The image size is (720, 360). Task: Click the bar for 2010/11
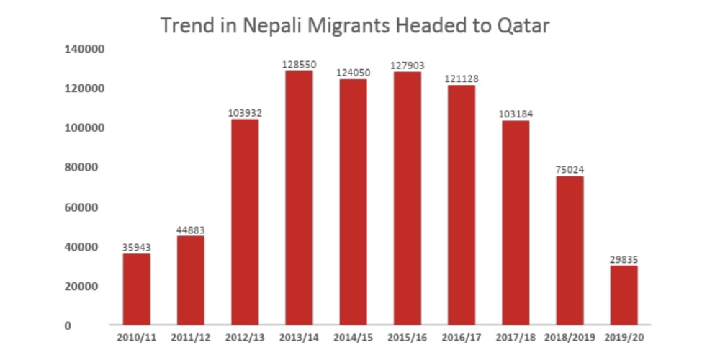[x=137, y=289]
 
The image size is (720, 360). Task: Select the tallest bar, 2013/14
[x=299, y=197]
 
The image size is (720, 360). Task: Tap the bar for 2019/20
[x=624, y=295]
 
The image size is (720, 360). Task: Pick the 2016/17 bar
[x=462, y=204]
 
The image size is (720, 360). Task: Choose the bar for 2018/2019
[x=570, y=250]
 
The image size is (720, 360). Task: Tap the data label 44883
[x=191, y=230]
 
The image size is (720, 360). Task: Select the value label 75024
[x=570, y=170]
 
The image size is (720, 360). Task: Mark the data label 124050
[x=354, y=73]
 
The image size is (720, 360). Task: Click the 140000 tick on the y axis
[x=85, y=49]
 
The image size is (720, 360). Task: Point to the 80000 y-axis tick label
[x=88, y=168]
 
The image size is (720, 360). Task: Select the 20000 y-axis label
[x=88, y=287]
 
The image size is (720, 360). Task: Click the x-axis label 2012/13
[x=245, y=336]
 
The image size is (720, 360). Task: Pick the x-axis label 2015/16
[x=408, y=336]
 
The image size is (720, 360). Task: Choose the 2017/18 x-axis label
[x=516, y=336]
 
